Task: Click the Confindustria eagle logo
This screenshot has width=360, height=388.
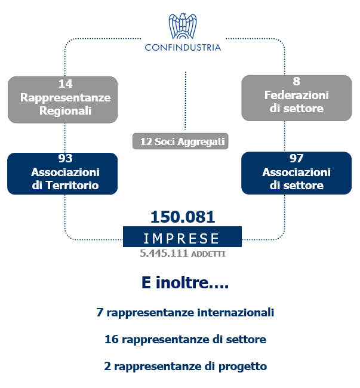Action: click(x=183, y=26)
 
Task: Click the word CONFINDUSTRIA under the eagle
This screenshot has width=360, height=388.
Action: click(x=183, y=48)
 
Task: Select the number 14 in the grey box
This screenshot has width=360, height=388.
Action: click(x=66, y=84)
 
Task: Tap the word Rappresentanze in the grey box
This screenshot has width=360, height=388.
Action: click(x=66, y=97)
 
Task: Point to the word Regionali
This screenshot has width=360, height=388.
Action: click(x=66, y=110)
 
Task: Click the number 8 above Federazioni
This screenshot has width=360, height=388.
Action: click(x=296, y=81)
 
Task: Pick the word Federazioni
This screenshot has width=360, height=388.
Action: click(x=296, y=96)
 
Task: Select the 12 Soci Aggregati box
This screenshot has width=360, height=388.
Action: click(x=180, y=141)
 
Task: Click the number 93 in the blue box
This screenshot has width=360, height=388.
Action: click(x=65, y=158)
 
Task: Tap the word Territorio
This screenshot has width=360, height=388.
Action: click(x=72, y=185)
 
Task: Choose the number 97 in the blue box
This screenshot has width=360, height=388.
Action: click(x=296, y=158)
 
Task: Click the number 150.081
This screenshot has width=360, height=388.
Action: click(x=183, y=217)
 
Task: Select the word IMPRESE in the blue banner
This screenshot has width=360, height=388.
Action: click(x=181, y=239)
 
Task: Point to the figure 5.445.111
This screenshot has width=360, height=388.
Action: click(x=164, y=253)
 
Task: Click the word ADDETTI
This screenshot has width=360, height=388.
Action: click(x=208, y=254)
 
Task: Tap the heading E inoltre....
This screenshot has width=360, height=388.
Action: click(x=185, y=282)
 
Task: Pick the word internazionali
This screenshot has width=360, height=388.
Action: click(x=236, y=312)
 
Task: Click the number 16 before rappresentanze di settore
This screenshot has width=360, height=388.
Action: click(x=112, y=339)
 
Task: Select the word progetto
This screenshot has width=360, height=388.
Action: click(x=242, y=367)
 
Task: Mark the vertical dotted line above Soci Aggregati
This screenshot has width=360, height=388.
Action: click(x=185, y=100)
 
